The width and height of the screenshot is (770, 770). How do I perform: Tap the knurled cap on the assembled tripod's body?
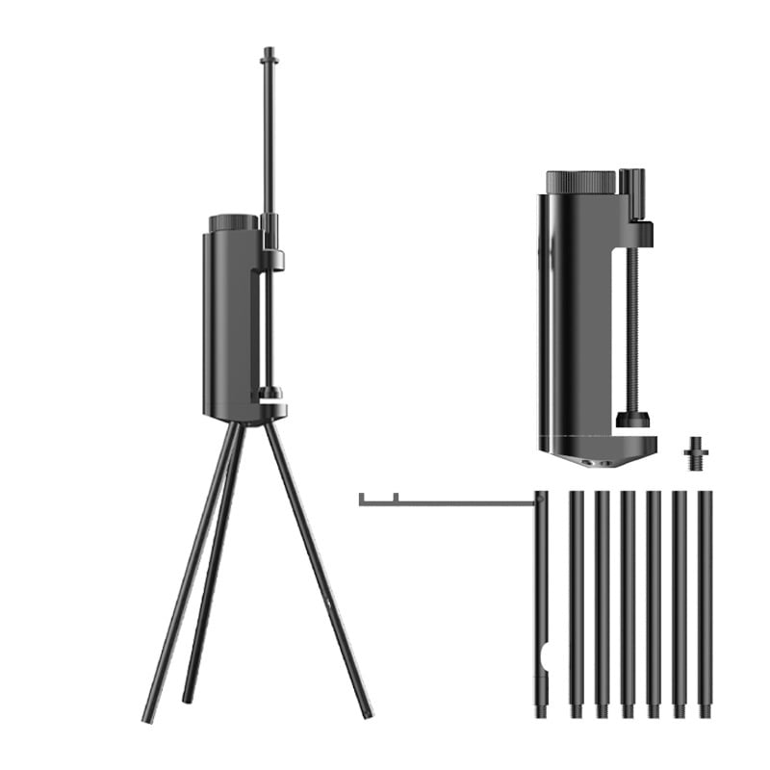coord(233,222)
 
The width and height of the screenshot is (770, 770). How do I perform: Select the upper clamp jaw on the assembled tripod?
coord(273,258)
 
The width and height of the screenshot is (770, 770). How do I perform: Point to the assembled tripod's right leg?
coord(318,568)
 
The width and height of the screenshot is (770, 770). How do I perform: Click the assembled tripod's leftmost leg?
coord(188,577)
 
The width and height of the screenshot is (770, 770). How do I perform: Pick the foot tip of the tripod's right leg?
coord(368,714)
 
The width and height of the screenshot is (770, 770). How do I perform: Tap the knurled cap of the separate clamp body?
coord(580,182)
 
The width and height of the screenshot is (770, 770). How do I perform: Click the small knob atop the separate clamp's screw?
coord(631,181)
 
